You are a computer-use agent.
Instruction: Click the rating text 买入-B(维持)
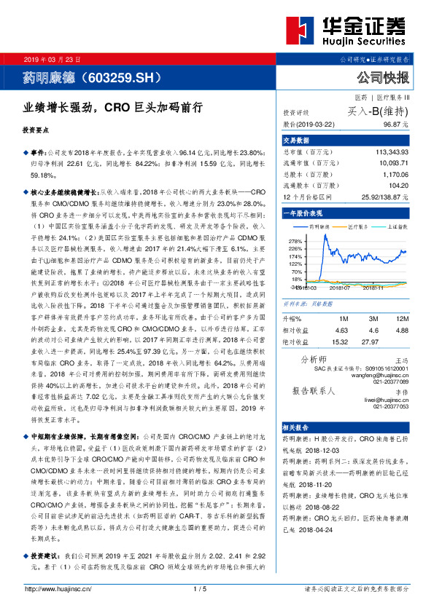[379, 111]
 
